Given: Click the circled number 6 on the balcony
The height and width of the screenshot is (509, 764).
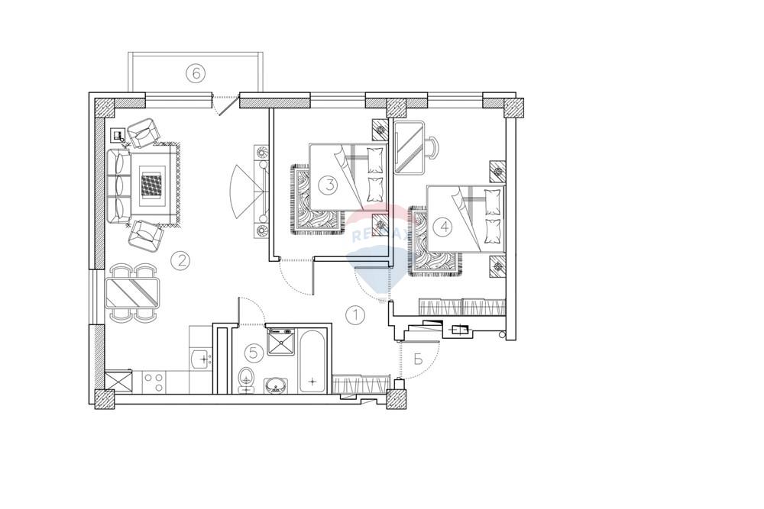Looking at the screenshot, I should pyautogui.click(x=196, y=73).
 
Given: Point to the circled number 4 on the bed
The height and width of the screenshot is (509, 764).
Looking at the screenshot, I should pyautogui.click(x=443, y=226).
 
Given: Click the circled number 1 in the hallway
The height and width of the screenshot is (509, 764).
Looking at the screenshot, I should pyautogui.click(x=356, y=314).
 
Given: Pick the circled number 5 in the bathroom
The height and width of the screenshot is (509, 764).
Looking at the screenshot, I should pyautogui.click(x=255, y=353).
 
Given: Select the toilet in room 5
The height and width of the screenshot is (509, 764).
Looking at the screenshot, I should pyautogui.click(x=246, y=378).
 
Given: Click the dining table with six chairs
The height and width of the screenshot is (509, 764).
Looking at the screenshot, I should pyautogui.click(x=133, y=292).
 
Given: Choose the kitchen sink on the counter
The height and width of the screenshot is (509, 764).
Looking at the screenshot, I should pyautogui.click(x=200, y=357).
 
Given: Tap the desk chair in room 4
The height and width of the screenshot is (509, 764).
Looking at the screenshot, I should pyautogui.click(x=432, y=146).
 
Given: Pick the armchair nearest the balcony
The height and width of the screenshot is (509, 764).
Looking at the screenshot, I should pyautogui.click(x=144, y=134).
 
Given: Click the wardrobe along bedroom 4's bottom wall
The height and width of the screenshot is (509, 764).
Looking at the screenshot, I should pyautogui.click(x=462, y=307).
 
